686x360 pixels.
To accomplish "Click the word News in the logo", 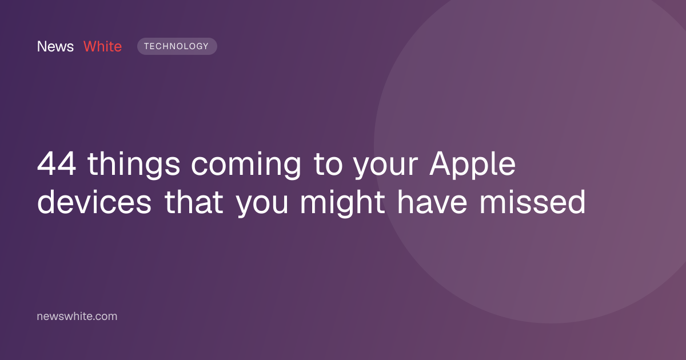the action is pos(55,46).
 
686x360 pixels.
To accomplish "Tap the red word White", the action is pos(102,46).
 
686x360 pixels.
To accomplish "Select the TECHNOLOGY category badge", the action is pos(177,46).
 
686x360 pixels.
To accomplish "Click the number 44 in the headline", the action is pos(57,164).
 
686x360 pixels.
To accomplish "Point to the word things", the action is pos(134,165).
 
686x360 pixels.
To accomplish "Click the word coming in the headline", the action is pos(246,165).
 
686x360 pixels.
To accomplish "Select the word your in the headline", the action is pos(385,167).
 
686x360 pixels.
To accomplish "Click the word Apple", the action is pos(472,165).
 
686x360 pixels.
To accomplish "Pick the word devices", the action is pos(94,202).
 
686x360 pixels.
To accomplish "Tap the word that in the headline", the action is pos(194,202).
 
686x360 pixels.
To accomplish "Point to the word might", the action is pos(342,203).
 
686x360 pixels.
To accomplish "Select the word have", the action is pos(432,202).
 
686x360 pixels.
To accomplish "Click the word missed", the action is pos(533,202).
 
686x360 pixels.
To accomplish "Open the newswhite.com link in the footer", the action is pos(77,316).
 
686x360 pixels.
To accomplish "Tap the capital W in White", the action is pos(91,46).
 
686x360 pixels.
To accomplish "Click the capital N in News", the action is pos(41,46).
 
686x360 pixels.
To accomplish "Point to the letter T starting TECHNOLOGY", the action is pos(147,46).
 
